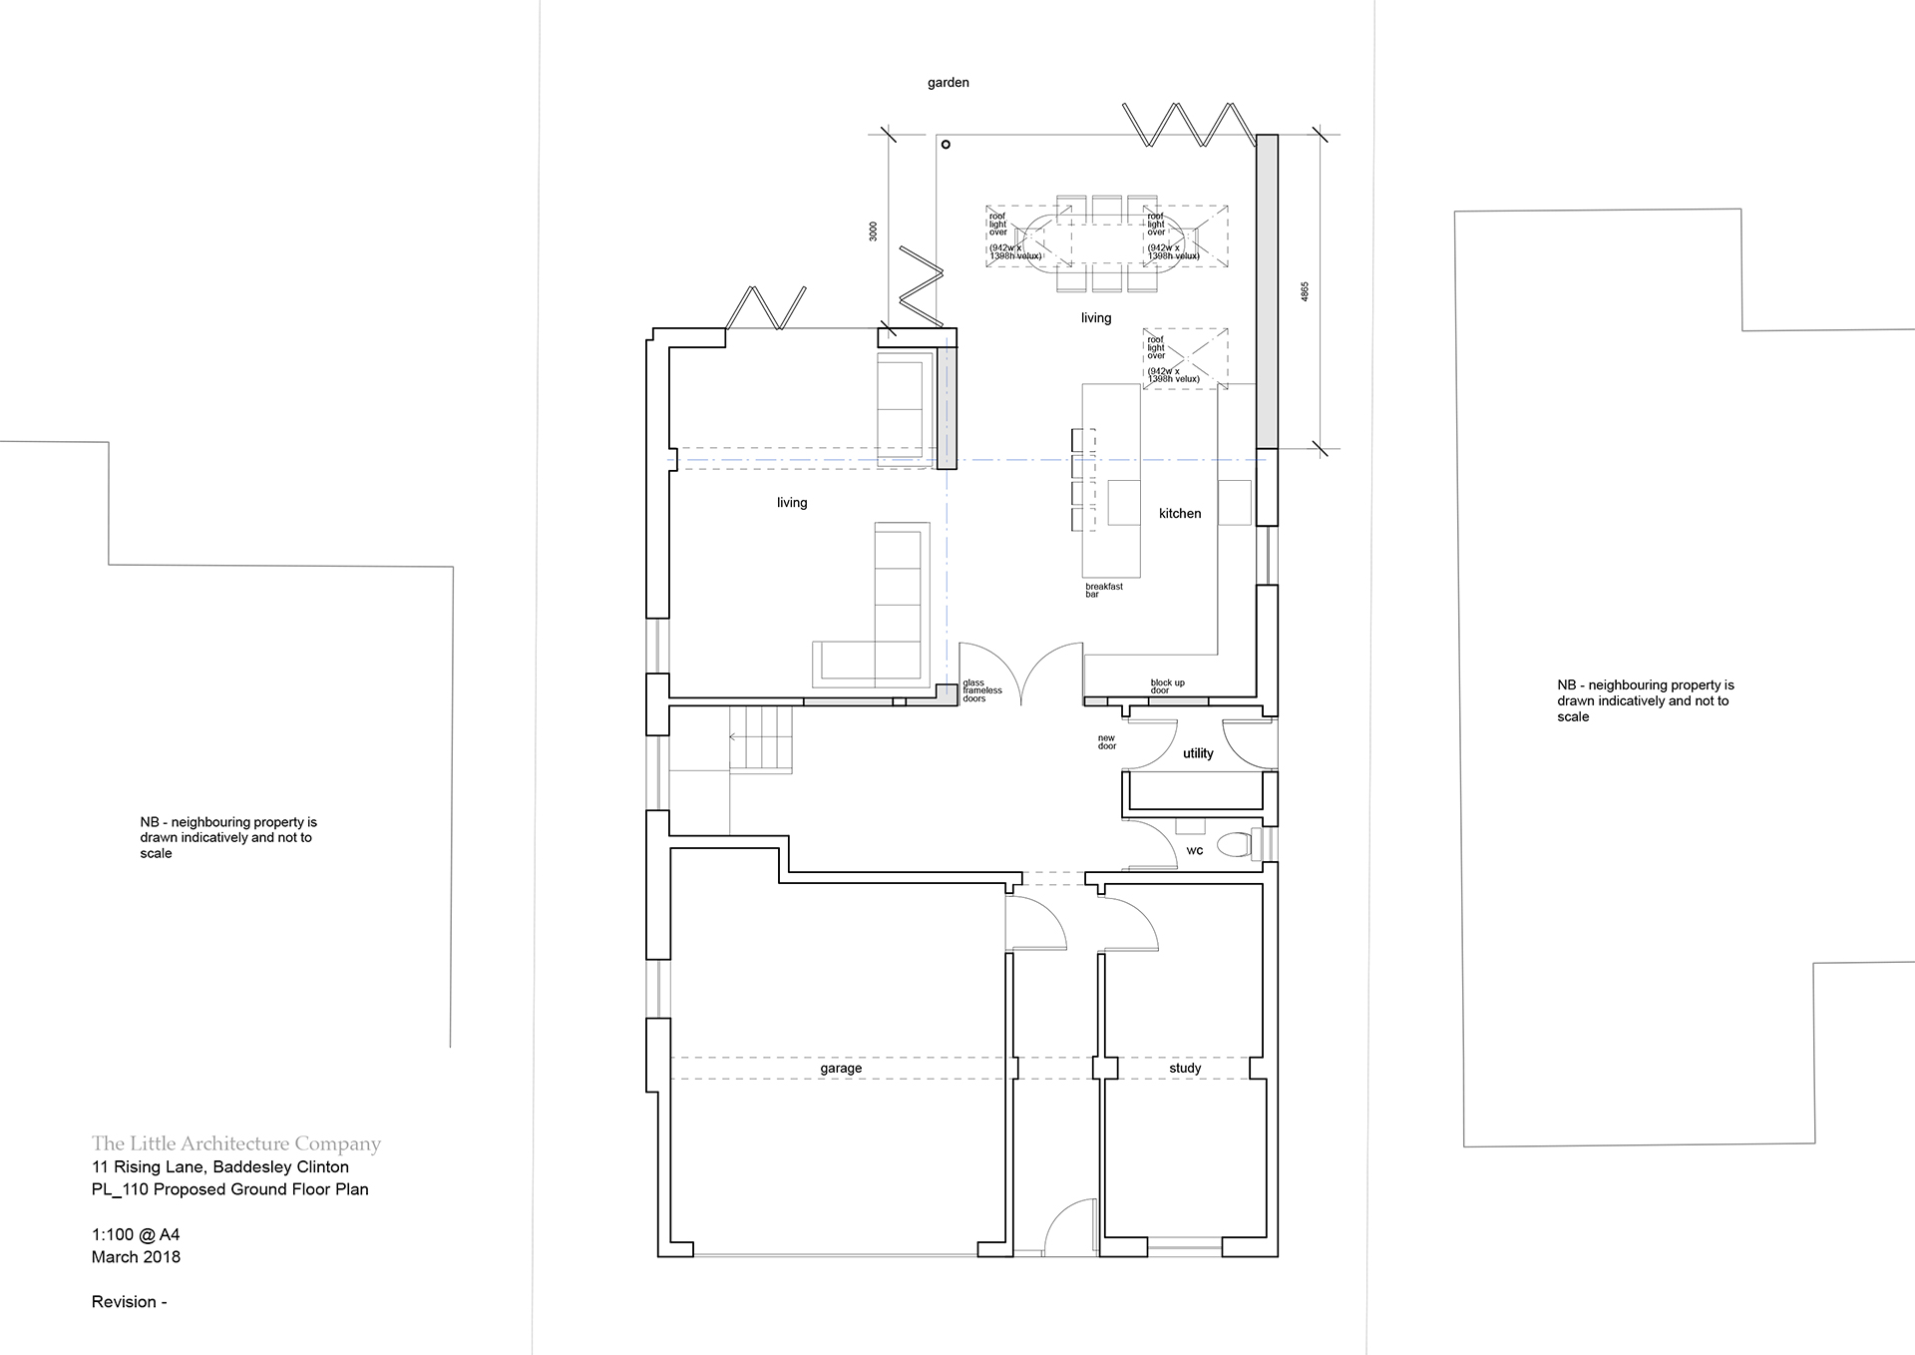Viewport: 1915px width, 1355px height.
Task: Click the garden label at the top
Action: point(948,83)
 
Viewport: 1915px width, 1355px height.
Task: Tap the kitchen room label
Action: point(1180,513)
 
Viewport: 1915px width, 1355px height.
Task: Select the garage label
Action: point(841,1068)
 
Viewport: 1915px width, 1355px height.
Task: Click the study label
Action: point(1185,1068)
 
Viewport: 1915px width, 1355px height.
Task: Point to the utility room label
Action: point(1198,753)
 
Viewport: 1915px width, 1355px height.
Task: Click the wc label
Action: point(1195,850)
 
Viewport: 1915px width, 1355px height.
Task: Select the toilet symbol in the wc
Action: point(1237,845)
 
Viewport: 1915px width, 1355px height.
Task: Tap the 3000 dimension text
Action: point(874,230)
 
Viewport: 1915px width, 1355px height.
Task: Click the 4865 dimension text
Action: point(1305,291)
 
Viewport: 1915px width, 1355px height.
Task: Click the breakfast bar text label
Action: point(1103,590)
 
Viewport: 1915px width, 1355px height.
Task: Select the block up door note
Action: point(1167,686)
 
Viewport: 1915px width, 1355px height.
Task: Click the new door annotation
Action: point(1107,742)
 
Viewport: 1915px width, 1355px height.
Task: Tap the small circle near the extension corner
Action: point(946,145)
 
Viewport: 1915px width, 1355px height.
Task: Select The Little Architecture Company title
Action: point(235,1143)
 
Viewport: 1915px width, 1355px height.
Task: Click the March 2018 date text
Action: point(136,1256)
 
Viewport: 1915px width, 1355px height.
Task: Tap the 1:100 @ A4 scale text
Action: point(136,1234)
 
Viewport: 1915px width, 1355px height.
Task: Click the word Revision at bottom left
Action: point(124,1301)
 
